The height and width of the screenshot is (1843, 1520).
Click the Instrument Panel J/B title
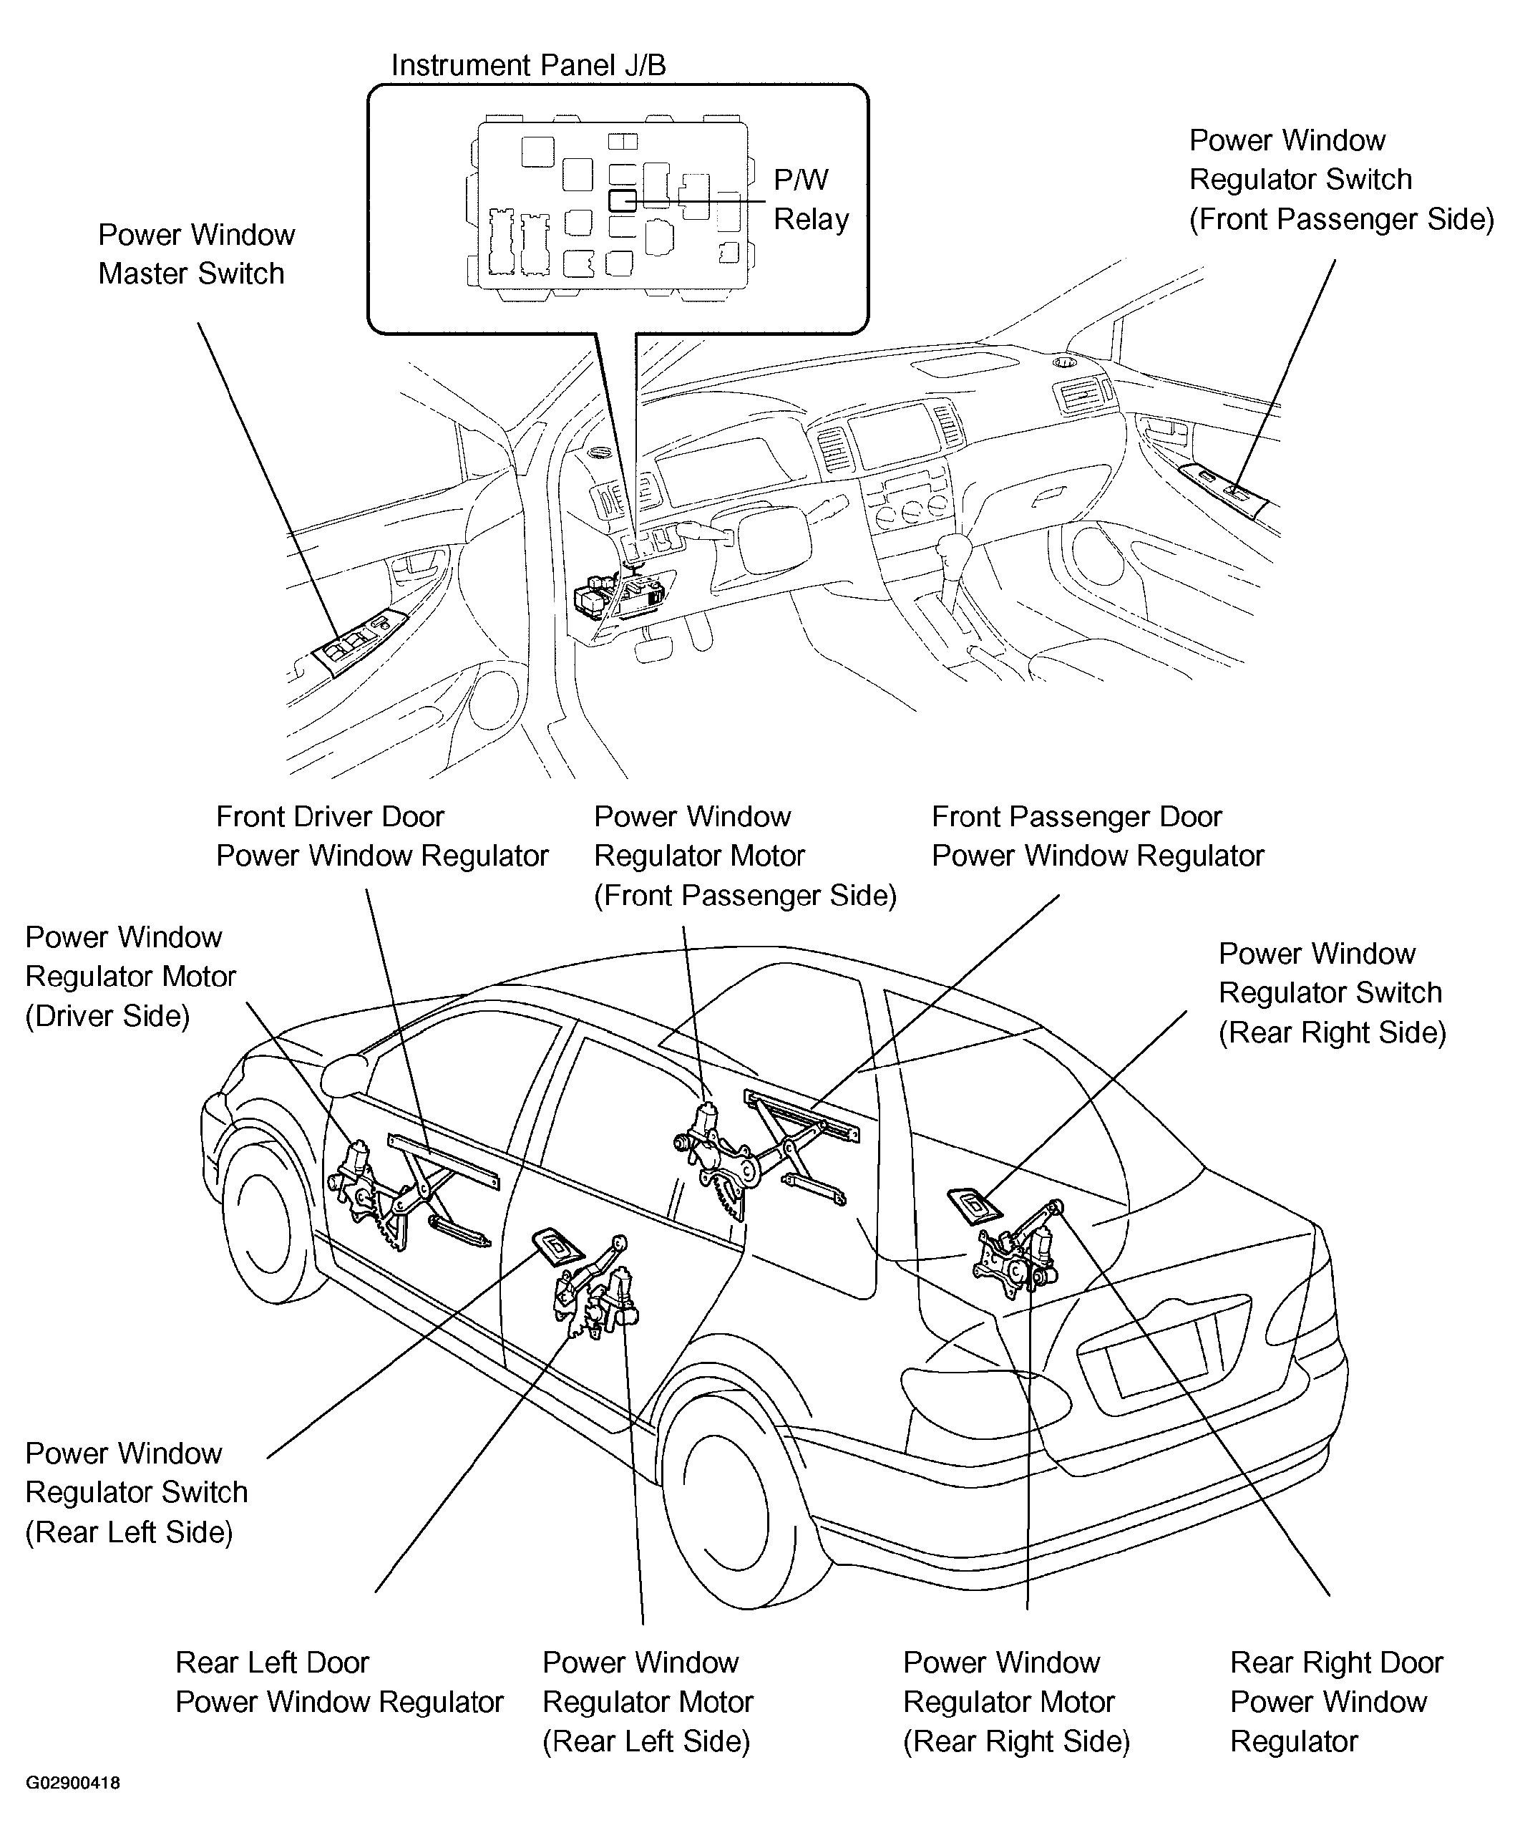(528, 66)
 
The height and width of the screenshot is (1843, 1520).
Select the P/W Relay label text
(811, 200)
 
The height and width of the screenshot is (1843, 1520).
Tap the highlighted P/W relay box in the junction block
(623, 200)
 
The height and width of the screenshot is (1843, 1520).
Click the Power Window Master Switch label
(196, 254)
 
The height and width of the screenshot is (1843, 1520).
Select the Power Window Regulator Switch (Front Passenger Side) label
(1340, 180)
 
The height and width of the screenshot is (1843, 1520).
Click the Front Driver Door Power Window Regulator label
(381, 836)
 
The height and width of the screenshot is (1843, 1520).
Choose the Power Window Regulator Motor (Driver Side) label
(130, 977)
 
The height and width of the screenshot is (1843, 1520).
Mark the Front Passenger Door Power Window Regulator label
(1097, 836)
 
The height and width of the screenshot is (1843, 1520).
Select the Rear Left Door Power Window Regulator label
(338, 1682)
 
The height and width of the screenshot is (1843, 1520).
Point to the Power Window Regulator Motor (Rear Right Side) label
(1015, 1701)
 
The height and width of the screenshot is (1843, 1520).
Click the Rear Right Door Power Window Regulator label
(1336, 1701)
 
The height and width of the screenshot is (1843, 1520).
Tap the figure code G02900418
(73, 1783)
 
